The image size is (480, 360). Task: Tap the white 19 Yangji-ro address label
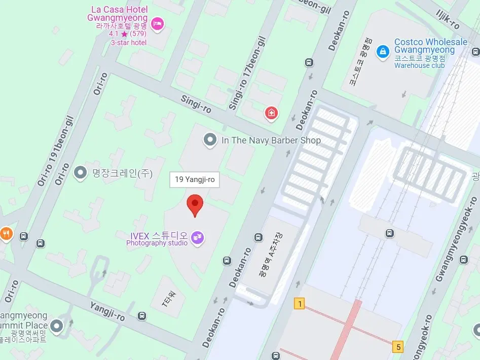click(195, 179)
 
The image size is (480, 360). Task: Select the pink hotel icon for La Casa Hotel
click(158, 23)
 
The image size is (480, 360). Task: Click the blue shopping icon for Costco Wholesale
click(383, 51)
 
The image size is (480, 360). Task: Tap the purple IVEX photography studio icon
click(197, 237)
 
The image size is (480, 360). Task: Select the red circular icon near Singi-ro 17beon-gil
click(272, 113)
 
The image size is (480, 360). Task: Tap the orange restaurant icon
click(6, 233)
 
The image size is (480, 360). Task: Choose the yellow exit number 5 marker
click(399, 347)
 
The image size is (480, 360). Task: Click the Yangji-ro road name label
click(107, 310)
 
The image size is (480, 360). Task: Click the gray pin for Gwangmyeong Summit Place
click(57, 326)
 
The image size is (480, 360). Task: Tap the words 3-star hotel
click(129, 43)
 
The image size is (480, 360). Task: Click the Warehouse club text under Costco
click(419, 65)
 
